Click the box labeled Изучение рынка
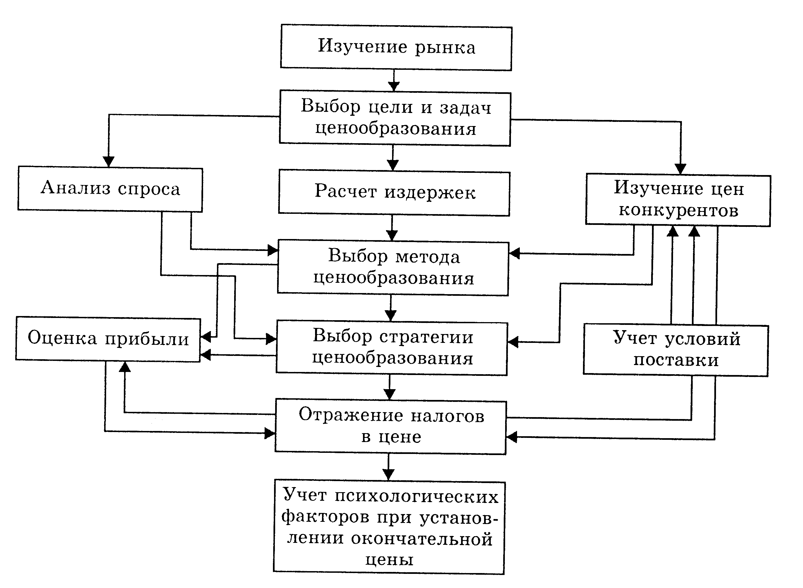pos(396,47)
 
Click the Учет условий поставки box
pos(676,350)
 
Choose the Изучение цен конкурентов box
pos(678,200)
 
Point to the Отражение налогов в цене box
pos(391,427)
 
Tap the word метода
pos(427,257)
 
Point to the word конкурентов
pos(678,211)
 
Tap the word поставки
pos(676,361)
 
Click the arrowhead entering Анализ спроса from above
pos(108,161)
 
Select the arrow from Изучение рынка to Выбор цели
pos(393,81)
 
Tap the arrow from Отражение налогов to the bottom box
pos(388,468)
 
